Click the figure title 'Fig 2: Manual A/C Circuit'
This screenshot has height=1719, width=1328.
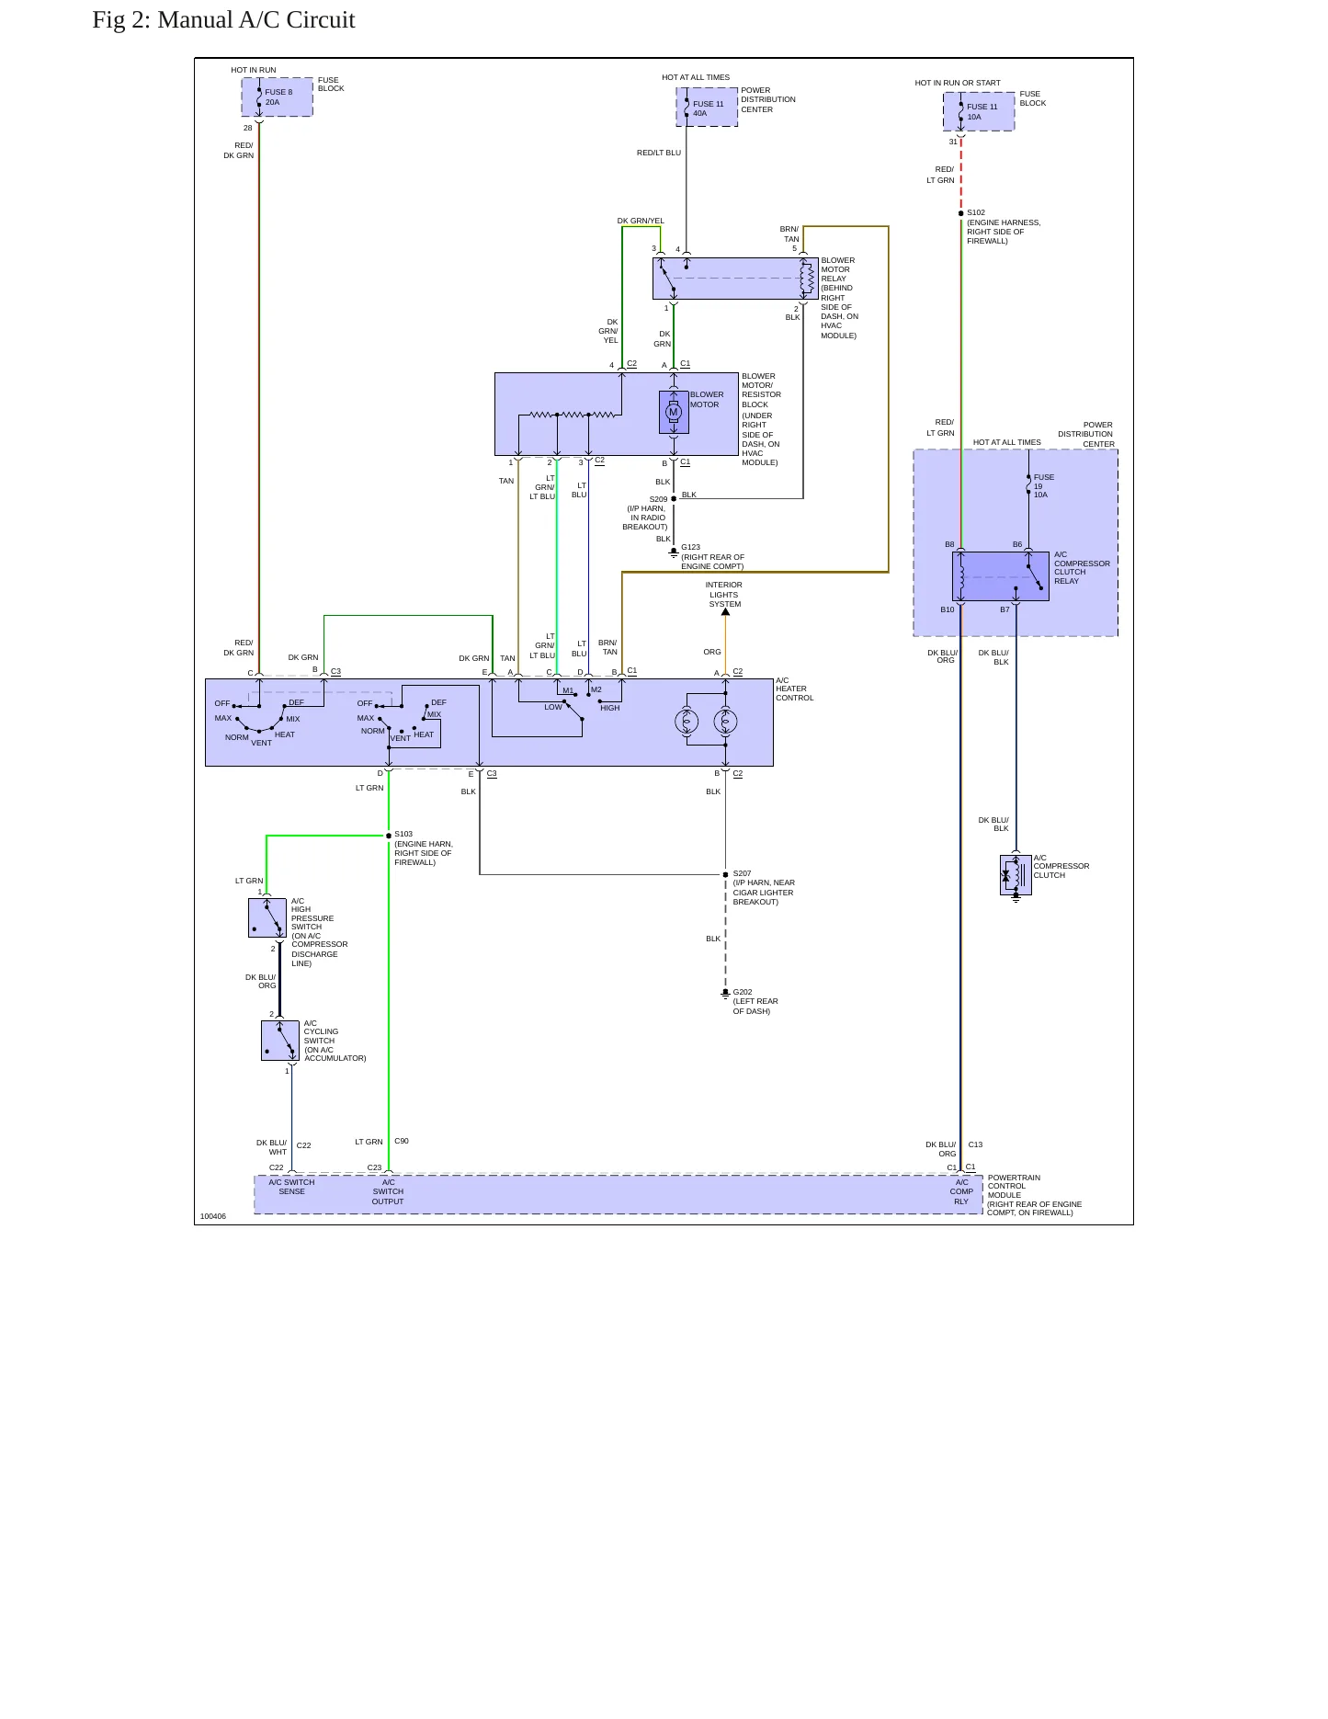[223, 20]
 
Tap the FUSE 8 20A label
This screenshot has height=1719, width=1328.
[278, 97]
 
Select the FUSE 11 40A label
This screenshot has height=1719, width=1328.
[708, 108]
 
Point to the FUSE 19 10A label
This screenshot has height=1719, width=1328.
[1043, 486]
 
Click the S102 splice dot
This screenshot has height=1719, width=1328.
[961, 213]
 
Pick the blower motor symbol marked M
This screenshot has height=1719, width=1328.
[674, 413]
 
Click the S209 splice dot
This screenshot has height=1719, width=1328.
[674, 499]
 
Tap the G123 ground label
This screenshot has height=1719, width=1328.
[690, 547]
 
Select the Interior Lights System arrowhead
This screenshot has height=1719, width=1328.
[725, 612]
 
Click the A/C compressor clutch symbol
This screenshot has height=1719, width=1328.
[1016, 875]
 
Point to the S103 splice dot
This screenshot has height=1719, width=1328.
[389, 836]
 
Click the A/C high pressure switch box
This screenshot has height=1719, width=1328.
[267, 917]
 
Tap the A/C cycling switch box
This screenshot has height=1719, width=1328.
[280, 1041]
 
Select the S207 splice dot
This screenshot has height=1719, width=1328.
[725, 875]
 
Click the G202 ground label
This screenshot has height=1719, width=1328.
[743, 993]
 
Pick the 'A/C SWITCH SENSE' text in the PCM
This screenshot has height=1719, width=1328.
[291, 1187]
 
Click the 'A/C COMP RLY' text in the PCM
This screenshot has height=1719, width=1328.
[961, 1191]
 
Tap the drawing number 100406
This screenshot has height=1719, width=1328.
[213, 1216]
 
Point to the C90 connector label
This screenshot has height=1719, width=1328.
[402, 1141]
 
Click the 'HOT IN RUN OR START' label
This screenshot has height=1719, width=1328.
[958, 83]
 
